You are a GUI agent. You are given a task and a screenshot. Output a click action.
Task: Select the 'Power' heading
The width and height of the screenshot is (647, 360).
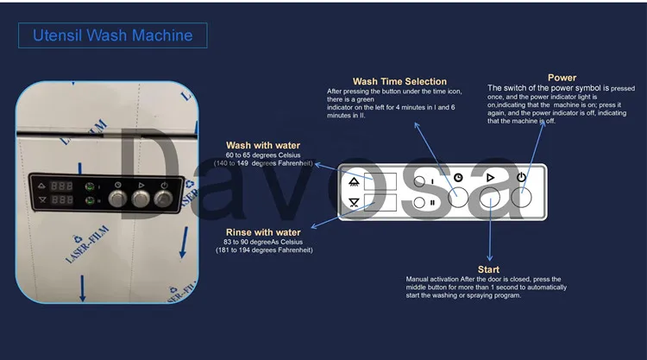(562, 78)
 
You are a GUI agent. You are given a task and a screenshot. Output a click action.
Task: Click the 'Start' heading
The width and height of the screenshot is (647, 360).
(488, 269)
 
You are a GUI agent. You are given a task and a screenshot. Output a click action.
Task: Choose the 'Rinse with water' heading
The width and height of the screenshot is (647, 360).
(263, 232)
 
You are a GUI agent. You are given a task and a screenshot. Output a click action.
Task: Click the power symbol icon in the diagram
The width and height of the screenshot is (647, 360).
(521, 177)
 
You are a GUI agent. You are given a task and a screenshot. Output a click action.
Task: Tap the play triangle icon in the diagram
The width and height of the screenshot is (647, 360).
(489, 177)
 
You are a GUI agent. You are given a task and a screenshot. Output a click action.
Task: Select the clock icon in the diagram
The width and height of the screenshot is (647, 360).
(457, 178)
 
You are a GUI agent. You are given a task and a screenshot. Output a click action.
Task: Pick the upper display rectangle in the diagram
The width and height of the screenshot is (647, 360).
(380, 182)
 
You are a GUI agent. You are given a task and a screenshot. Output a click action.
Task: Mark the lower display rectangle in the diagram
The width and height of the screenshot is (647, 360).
(380, 204)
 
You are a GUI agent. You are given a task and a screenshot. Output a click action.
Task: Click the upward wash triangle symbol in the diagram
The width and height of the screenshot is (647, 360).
(354, 182)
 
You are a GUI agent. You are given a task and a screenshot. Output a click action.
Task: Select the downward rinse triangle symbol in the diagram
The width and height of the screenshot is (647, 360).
(354, 204)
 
